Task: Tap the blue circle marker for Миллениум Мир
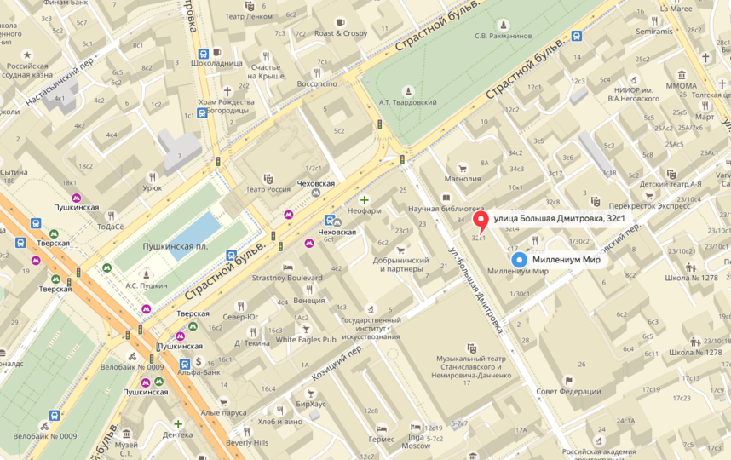pyautogui.click(x=517, y=260)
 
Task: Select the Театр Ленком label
pyautogui.click(x=246, y=16)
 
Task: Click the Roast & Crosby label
pyautogui.click(x=340, y=33)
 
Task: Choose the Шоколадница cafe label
pyautogui.click(x=216, y=62)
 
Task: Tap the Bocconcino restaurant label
pyautogui.click(x=317, y=84)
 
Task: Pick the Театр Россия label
pyautogui.click(x=268, y=189)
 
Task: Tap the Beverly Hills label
pyautogui.click(x=247, y=442)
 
